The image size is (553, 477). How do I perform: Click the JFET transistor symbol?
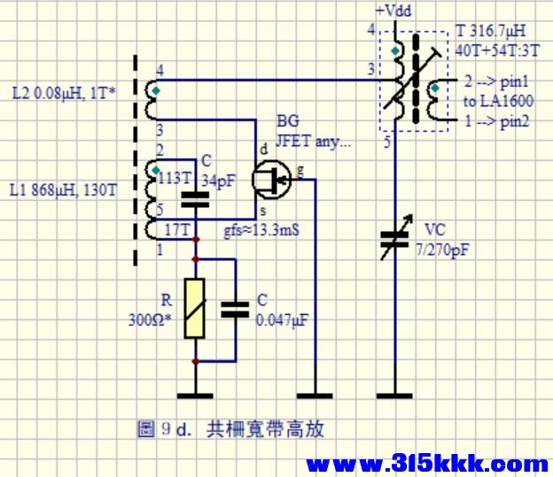(271, 180)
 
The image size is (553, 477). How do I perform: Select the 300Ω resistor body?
(195, 309)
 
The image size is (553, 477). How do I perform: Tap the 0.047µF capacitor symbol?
(235, 310)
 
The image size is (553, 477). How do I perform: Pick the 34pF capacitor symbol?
(195, 199)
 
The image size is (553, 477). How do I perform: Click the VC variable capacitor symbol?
(396, 237)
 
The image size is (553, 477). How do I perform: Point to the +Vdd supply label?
(393, 11)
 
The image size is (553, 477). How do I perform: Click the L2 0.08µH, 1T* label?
(64, 94)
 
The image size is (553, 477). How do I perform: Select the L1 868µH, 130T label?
(63, 190)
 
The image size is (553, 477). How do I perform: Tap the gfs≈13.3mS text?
(261, 230)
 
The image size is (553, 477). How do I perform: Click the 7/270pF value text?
(442, 250)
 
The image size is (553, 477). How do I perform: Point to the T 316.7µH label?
(491, 31)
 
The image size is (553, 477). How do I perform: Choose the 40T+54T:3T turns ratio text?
(497, 51)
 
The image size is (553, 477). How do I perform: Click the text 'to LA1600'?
(498, 102)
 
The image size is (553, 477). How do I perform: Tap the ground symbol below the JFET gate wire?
(315, 396)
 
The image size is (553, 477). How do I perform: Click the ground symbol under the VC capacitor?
(394, 396)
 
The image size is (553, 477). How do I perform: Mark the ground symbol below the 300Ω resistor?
(195, 396)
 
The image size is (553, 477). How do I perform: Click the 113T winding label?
(174, 179)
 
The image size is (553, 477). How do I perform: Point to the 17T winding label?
(177, 230)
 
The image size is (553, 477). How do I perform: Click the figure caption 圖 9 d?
(164, 429)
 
